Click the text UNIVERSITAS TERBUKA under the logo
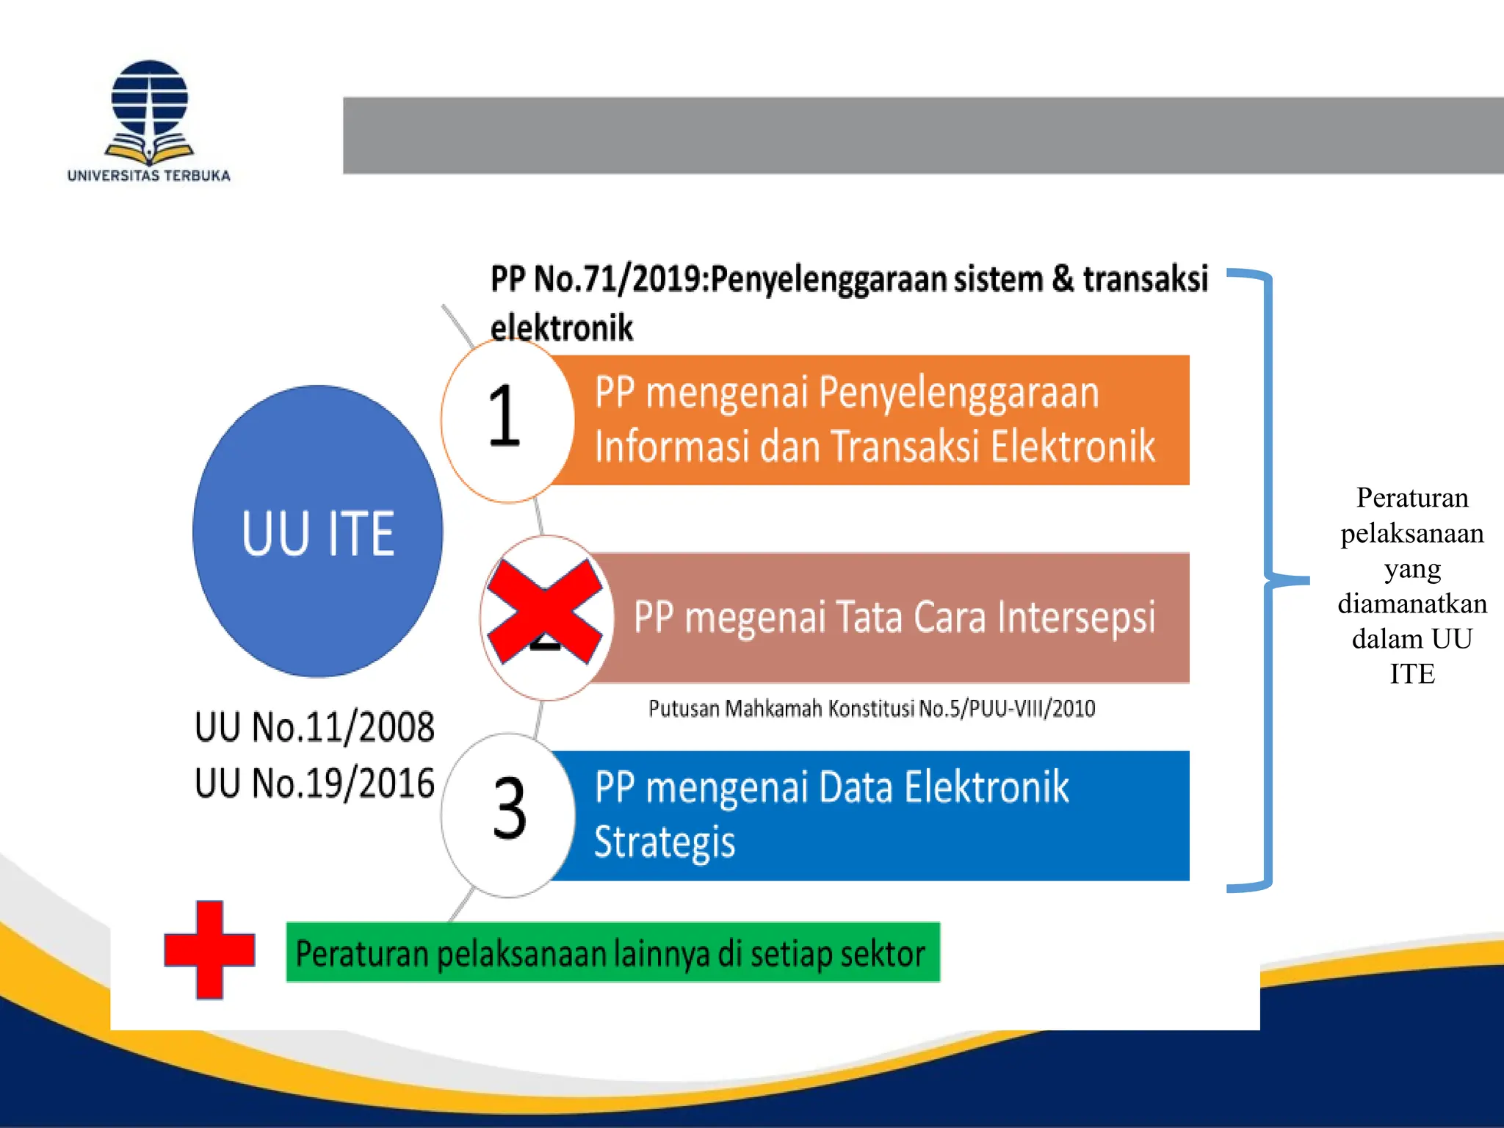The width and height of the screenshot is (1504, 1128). pos(149,176)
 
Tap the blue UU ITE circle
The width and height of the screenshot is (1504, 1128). pos(317,531)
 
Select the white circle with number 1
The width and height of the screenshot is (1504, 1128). pos(507,420)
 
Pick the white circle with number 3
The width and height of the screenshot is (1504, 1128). pos(508,814)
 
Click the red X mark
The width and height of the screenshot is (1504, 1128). pos(545,612)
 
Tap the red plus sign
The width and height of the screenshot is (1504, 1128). pos(209,950)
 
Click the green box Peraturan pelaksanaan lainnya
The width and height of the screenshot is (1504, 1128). pos(612,952)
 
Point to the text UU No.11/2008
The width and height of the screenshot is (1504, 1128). pos(314,727)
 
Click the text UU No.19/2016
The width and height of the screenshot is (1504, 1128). pos(314,783)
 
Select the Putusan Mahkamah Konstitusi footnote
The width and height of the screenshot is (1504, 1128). pos(872,709)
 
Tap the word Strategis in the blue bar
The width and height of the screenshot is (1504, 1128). pos(665,842)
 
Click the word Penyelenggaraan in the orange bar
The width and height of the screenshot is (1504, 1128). pos(958,392)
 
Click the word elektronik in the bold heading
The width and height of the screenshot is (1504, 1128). pos(561,328)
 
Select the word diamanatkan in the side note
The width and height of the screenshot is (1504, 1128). pos(1411,604)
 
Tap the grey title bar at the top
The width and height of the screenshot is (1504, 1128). pos(922,135)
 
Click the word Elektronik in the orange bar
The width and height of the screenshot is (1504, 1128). pos(1072,446)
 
